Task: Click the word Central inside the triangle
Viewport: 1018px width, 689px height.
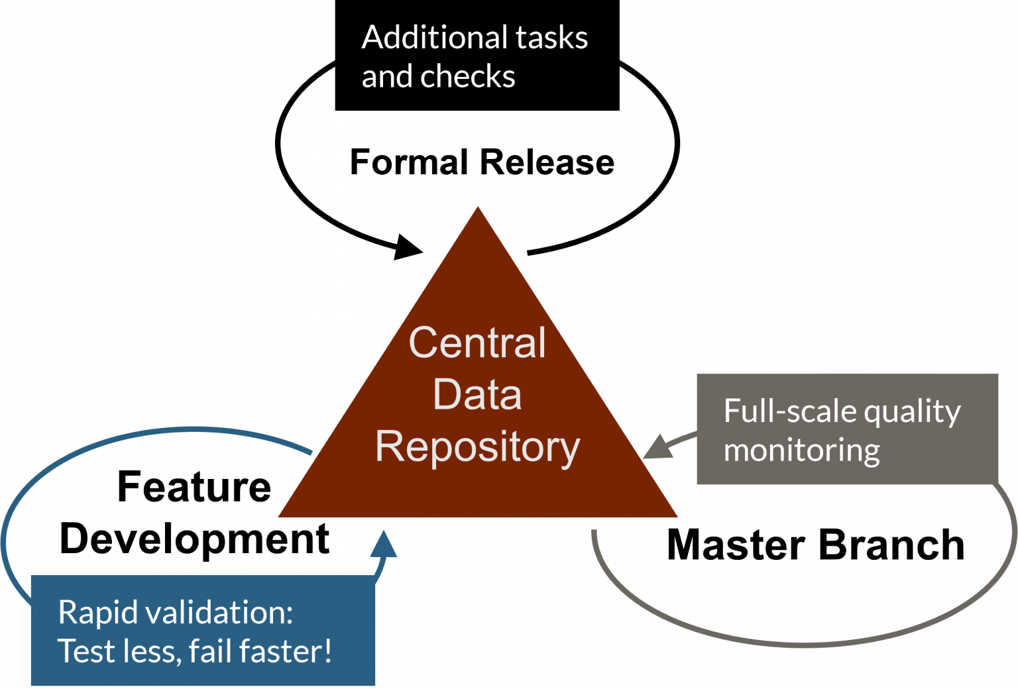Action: click(x=477, y=343)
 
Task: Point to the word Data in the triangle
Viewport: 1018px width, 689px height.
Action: click(x=477, y=394)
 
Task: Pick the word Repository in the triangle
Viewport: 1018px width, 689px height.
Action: click(x=477, y=447)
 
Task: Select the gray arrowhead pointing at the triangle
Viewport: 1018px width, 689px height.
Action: click(x=657, y=448)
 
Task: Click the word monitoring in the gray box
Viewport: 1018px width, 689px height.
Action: click(x=801, y=450)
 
